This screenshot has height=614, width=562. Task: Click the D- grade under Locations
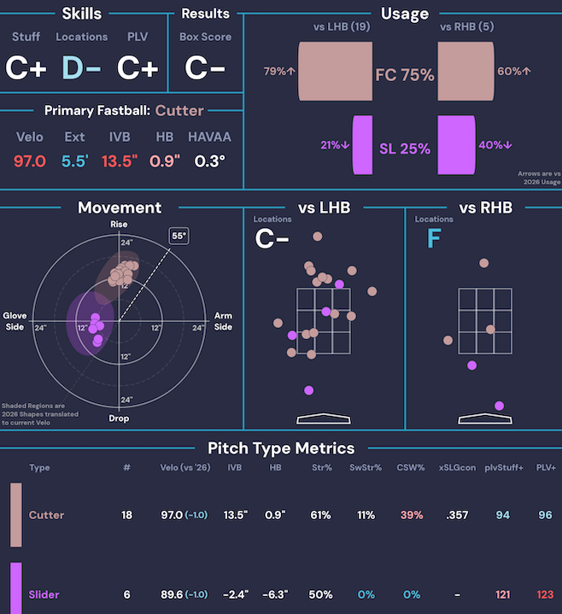click(81, 67)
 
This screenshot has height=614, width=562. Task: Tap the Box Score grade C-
click(205, 67)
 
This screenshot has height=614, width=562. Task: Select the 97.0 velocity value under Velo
click(30, 161)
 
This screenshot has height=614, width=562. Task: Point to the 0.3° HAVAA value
click(210, 161)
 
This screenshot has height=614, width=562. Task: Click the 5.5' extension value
click(75, 161)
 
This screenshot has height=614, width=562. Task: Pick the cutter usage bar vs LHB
click(336, 71)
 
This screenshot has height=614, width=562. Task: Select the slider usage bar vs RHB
click(457, 145)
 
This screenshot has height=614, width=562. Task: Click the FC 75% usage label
click(405, 75)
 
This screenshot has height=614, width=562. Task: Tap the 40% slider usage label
click(495, 145)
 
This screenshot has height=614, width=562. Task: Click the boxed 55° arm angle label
click(179, 236)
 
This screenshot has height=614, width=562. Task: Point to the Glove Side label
click(15, 321)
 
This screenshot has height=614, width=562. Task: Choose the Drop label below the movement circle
click(119, 418)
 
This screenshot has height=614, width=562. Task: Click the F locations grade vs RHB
click(434, 238)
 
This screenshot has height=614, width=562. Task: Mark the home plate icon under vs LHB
click(324, 418)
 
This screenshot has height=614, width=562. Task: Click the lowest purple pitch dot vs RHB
click(499, 406)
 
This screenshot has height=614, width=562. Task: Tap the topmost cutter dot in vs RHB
click(484, 263)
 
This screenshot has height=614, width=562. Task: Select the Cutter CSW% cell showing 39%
click(412, 515)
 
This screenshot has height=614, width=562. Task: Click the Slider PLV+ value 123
click(545, 594)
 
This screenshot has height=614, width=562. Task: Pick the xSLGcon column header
click(458, 468)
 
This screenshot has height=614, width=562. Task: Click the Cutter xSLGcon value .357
click(457, 515)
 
